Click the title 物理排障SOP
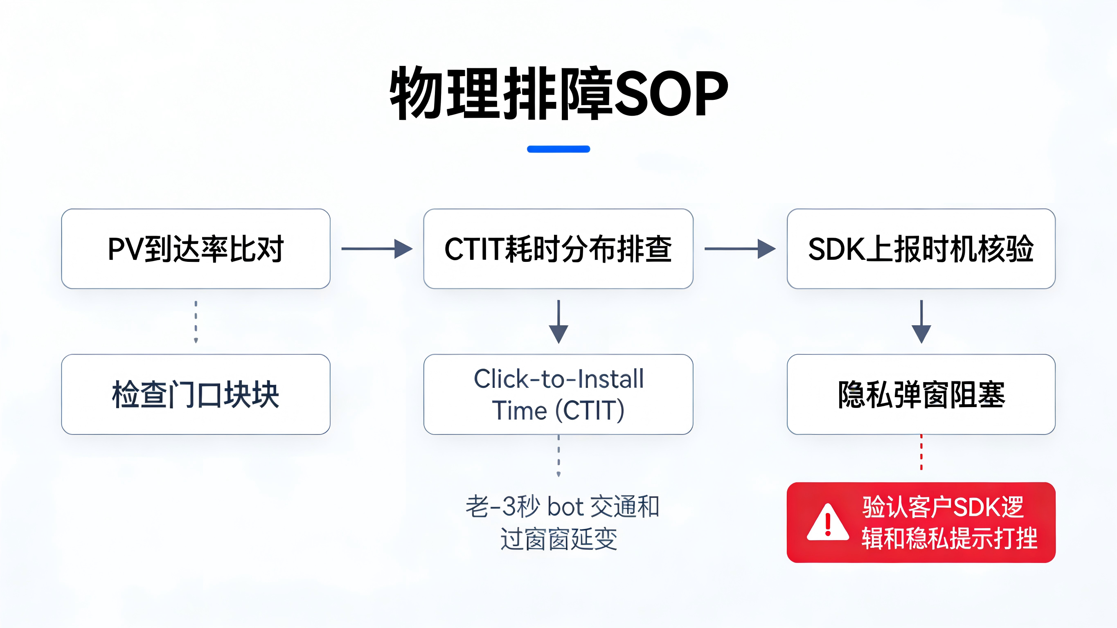tap(558, 93)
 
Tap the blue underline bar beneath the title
tap(558, 149)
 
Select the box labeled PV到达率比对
tap(196, 249)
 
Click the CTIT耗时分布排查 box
tap(558, 249)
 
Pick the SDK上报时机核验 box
tap(921, 249)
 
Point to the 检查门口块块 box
tap(196, 394)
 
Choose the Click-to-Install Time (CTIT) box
tap(558, 394)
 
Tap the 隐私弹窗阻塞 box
tap(921, 394)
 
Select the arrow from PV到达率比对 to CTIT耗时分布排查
tap(377, 249)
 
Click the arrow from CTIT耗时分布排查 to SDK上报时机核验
tap(740, 249)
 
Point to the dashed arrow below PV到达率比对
tap(196, 322)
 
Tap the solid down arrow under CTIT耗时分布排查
tap(558, 322)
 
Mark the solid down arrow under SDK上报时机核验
tap(921, 322)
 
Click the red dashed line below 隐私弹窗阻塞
tap(921, 453)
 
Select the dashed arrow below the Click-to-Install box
tap(558, 456)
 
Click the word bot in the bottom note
tap(565, 506)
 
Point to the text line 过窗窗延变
tap(558, 539)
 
